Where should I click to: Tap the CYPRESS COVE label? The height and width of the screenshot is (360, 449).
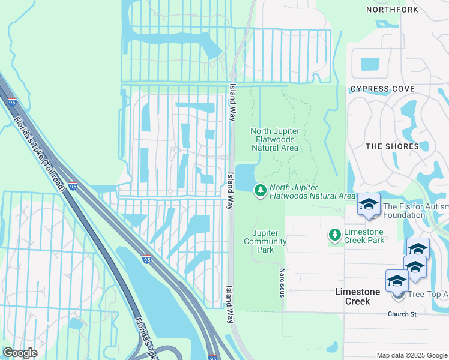[x=382, y=89]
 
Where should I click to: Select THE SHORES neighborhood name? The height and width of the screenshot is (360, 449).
[x=392, y=146]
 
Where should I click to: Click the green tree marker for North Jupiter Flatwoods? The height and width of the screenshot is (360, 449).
[x=261, y=191]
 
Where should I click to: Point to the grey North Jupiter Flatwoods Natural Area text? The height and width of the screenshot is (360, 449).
[x=274, y=139]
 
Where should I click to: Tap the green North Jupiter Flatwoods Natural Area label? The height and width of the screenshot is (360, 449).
[x=312, y=191]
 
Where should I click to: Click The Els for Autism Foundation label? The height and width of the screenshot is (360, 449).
[x=415, y=210]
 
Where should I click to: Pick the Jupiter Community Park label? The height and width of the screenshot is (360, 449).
[x=269, y=241]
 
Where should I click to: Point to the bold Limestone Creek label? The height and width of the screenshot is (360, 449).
[x=357, y=296]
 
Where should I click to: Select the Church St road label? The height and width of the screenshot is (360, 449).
[x=402, y=314]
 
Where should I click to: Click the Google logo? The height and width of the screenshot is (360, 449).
[x=20, y=353]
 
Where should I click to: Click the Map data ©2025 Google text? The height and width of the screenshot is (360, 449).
[x=411, y=355]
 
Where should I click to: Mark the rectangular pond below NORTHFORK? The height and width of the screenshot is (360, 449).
[x=370, y=64]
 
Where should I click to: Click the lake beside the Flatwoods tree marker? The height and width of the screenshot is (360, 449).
[x=245, y=178]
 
